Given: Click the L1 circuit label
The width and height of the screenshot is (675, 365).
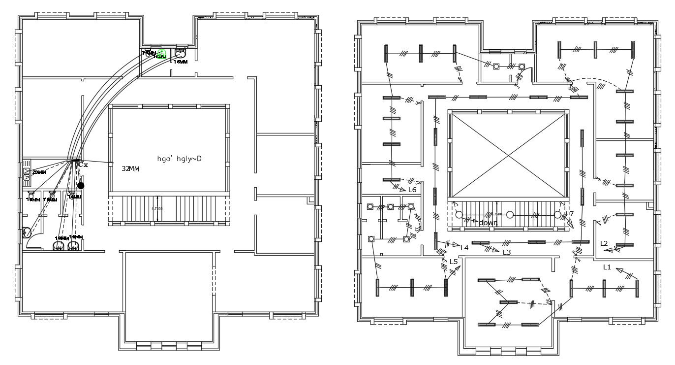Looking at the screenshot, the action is [607, 267].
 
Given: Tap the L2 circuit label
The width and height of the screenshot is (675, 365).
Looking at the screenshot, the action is [604, 243].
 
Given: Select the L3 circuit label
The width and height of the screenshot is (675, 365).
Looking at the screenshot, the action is [507, 252].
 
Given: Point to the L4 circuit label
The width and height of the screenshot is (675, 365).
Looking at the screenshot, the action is [464, 247].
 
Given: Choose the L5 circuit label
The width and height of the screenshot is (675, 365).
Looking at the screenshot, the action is [454, 262].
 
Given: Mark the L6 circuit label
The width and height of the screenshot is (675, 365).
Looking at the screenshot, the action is [412, 190].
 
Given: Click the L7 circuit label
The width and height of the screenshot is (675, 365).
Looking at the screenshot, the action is [570, 214].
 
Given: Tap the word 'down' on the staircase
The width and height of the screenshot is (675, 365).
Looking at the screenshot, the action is [488, 223].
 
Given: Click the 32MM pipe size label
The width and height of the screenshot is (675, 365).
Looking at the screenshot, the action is [131, 168].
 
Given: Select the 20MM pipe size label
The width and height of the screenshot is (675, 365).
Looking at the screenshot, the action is [39, 172].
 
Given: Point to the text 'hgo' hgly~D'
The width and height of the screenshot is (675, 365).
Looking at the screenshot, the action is [179, 159].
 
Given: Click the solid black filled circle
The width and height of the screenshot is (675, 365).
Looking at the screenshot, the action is [81, 186].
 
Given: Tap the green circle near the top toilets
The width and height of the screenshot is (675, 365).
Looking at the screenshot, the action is [161, 53].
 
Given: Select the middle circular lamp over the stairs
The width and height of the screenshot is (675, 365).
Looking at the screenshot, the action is [510, 215].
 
